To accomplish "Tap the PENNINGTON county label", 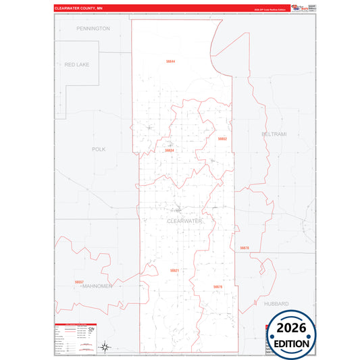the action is pyautogui.click(x=93, y=29).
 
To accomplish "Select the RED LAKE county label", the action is pyautogui.click(x=76, y=64).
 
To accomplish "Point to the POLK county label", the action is pyautogui.click(x=99, y=149).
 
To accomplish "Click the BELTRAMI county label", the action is pyautogui.click(x=274, y=134).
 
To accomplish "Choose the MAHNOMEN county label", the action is pyautogui.click(x=97, y=286).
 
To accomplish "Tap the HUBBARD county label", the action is pyautogui.click(x=276, y=304).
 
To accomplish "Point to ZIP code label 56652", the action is pyautogui.click(x=222, y=138).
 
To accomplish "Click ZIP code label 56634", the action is pyautogui.click(x=170, y=151).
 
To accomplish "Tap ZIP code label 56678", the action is pyautogui.click(x=245, y=249).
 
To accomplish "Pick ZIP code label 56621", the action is pyautogui.click(x=174, y=270).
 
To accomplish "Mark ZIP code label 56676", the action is pyautogui.click(x=217, y=287).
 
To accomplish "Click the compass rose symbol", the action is pyautogui.click(x=105, y=347).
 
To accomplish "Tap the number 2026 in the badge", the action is pyautogui.click(x=292, y=328).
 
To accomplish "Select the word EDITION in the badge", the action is pyautogui.click(x=292, y=343).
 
